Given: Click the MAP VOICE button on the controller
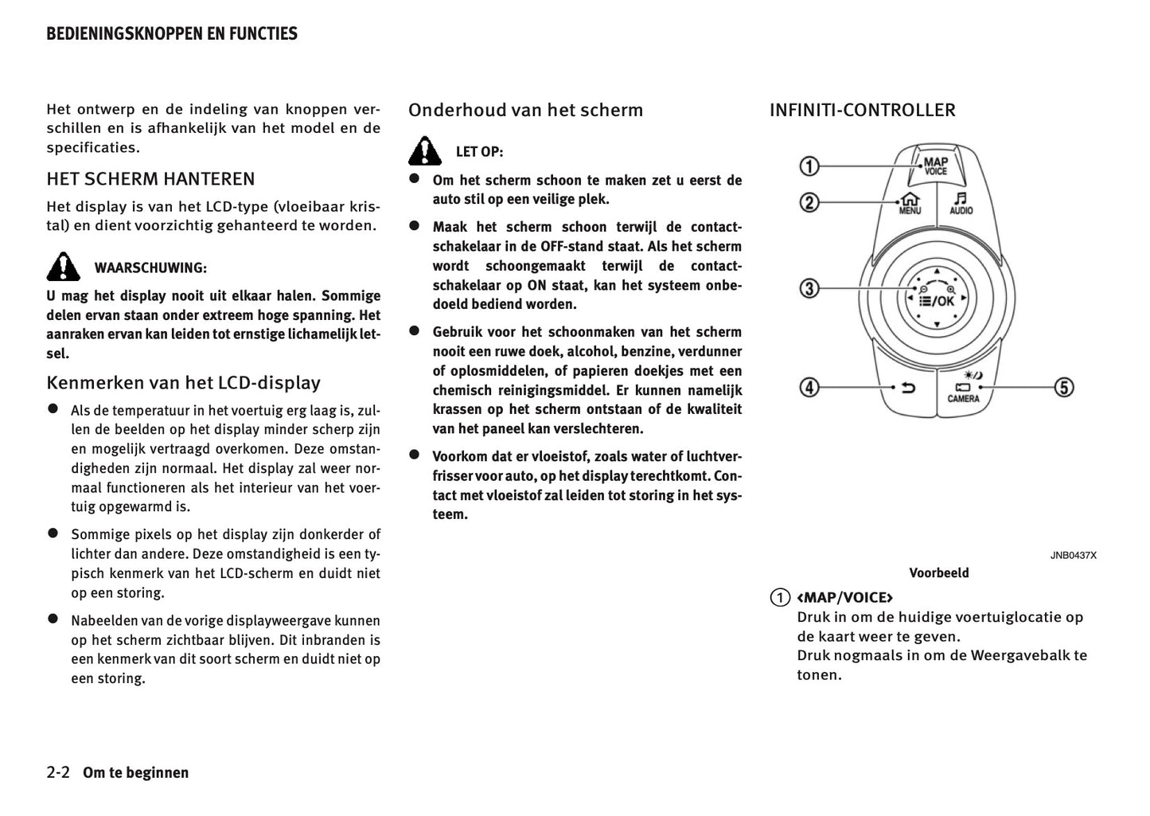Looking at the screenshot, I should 936,165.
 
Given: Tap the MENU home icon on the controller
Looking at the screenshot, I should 910,204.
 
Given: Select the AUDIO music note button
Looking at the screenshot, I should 961,203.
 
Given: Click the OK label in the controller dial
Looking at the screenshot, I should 945,301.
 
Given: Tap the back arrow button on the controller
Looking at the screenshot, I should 907,388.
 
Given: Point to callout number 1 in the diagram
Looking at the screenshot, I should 809,166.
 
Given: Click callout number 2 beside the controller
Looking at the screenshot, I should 809,203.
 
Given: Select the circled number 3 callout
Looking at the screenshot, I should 809,288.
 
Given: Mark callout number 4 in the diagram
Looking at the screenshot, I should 809,388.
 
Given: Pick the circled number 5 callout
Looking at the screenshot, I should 1063,388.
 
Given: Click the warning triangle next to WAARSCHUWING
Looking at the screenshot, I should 63,267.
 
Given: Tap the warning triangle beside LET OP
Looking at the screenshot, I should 425,150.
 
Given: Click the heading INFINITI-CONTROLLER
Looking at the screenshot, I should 862,110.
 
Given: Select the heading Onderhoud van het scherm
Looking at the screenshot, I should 525,110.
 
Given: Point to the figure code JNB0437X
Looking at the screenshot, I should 1072,555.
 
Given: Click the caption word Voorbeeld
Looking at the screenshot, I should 939,572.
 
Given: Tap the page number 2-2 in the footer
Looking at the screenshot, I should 59,772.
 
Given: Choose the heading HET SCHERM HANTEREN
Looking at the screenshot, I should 150,178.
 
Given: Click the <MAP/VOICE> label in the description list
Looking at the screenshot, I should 844,597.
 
